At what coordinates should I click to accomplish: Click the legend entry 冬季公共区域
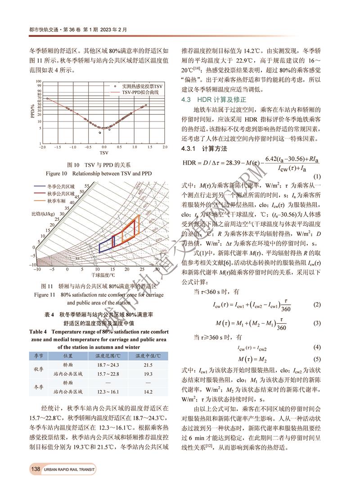point(60,186)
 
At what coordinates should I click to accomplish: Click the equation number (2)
point(317,305)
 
